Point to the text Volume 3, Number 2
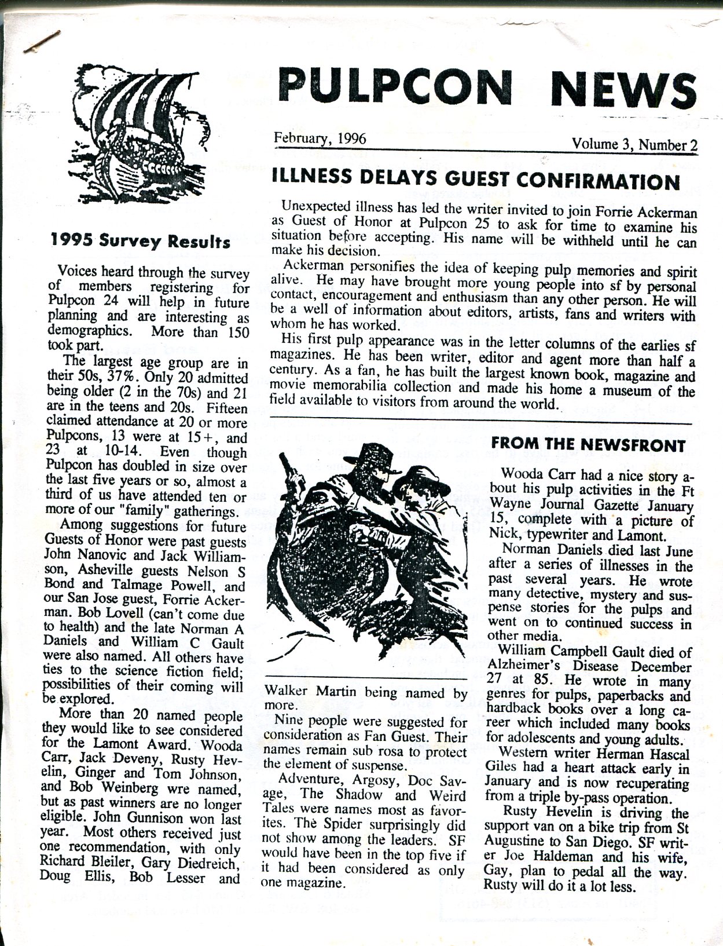(x=634, y=144)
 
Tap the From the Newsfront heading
(x=588, y=445)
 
